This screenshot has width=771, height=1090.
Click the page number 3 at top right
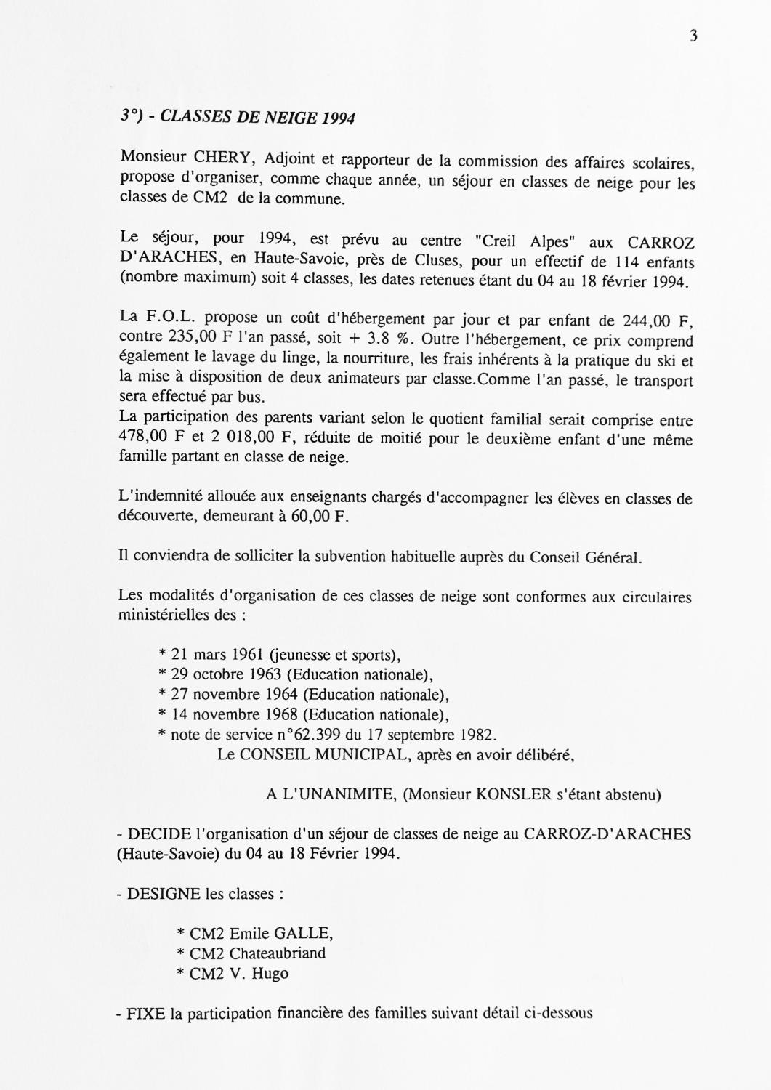click(x=693, y=36)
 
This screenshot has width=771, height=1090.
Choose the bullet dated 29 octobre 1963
click(x=303, y=674)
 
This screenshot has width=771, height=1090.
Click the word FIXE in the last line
click(x=147, y=1013)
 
